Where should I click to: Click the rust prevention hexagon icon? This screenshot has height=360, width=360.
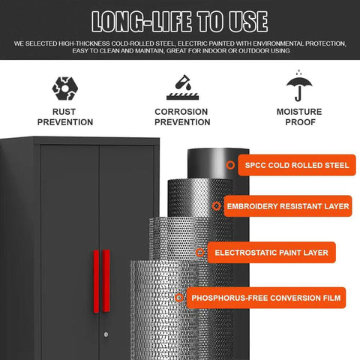(65, 88)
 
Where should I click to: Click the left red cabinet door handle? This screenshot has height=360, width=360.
(96, 281)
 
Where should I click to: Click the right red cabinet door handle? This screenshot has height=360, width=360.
(106, 280)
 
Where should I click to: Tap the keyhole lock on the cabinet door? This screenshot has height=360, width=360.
(106, 334)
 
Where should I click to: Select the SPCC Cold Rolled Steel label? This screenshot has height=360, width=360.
(297, 165)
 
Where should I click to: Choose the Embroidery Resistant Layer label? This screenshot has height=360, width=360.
(288, 206)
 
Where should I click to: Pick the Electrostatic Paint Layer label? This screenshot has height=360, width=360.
(271, 253)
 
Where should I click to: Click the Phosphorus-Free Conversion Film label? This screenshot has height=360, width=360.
(266, 298)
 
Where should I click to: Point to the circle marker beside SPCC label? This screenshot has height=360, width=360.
(230, 165)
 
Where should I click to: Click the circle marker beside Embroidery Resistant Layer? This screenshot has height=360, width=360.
(217, 206)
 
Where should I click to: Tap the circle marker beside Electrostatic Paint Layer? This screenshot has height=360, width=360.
(200, 253)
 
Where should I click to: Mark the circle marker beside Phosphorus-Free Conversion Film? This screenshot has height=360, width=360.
(179, 298)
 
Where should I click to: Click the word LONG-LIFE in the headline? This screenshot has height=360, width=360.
(142, 22)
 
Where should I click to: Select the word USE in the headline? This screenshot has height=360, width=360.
(248, 22)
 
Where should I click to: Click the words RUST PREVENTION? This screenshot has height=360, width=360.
(65, 117)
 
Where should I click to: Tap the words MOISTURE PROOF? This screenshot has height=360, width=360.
(299, 117)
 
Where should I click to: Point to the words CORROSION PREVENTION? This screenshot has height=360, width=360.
(182, 117)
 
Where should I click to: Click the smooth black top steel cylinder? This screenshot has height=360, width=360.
(217, 163)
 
